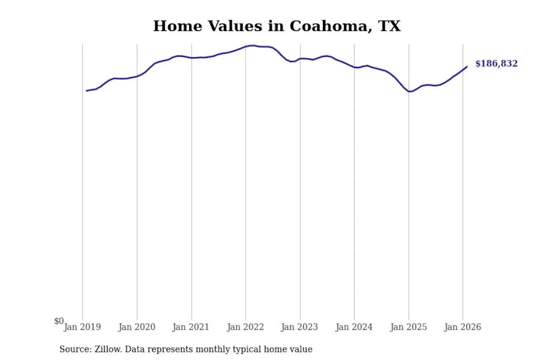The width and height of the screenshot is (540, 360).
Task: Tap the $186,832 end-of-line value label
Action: pyautogui.click(x=496, y=64)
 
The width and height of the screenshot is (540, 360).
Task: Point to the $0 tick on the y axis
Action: pyautogui.click(x=59, y=321)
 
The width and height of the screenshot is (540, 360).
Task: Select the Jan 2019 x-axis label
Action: pyautogui.click(x=82, y=327)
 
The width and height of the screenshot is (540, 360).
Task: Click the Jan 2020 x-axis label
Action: pyautogui.click(x=137, y=327)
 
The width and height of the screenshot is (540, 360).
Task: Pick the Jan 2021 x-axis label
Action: pyautogui.click(x=191, y=327)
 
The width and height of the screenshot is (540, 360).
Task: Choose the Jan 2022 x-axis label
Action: pyautogui.click(x=245, y=327)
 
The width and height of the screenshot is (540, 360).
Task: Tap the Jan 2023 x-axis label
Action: pyautogui.click(x=300, y=327)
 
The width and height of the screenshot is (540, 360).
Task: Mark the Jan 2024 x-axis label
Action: pyautogui.click(x=354, y=327)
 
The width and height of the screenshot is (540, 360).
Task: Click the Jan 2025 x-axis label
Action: pyautogui.click(x=408, y=327)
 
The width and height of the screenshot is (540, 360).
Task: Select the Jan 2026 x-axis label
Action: pyautogui.click(x=462, y=327)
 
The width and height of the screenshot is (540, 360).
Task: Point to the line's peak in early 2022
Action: pyautogui.click(x=253, y=46)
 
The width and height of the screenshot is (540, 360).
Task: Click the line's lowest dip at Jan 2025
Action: pyautogui.click(x=409, y=92)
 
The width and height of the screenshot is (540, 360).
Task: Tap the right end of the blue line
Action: pyautogui.click(x=467, y=67)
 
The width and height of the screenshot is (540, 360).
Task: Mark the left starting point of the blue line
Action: pyautogui.click(x=86, y=91)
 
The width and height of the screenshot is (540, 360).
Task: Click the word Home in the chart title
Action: pyautogui.click(x=178, y=26)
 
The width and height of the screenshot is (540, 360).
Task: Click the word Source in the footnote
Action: pyautogui.click(x=76, y=349)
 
